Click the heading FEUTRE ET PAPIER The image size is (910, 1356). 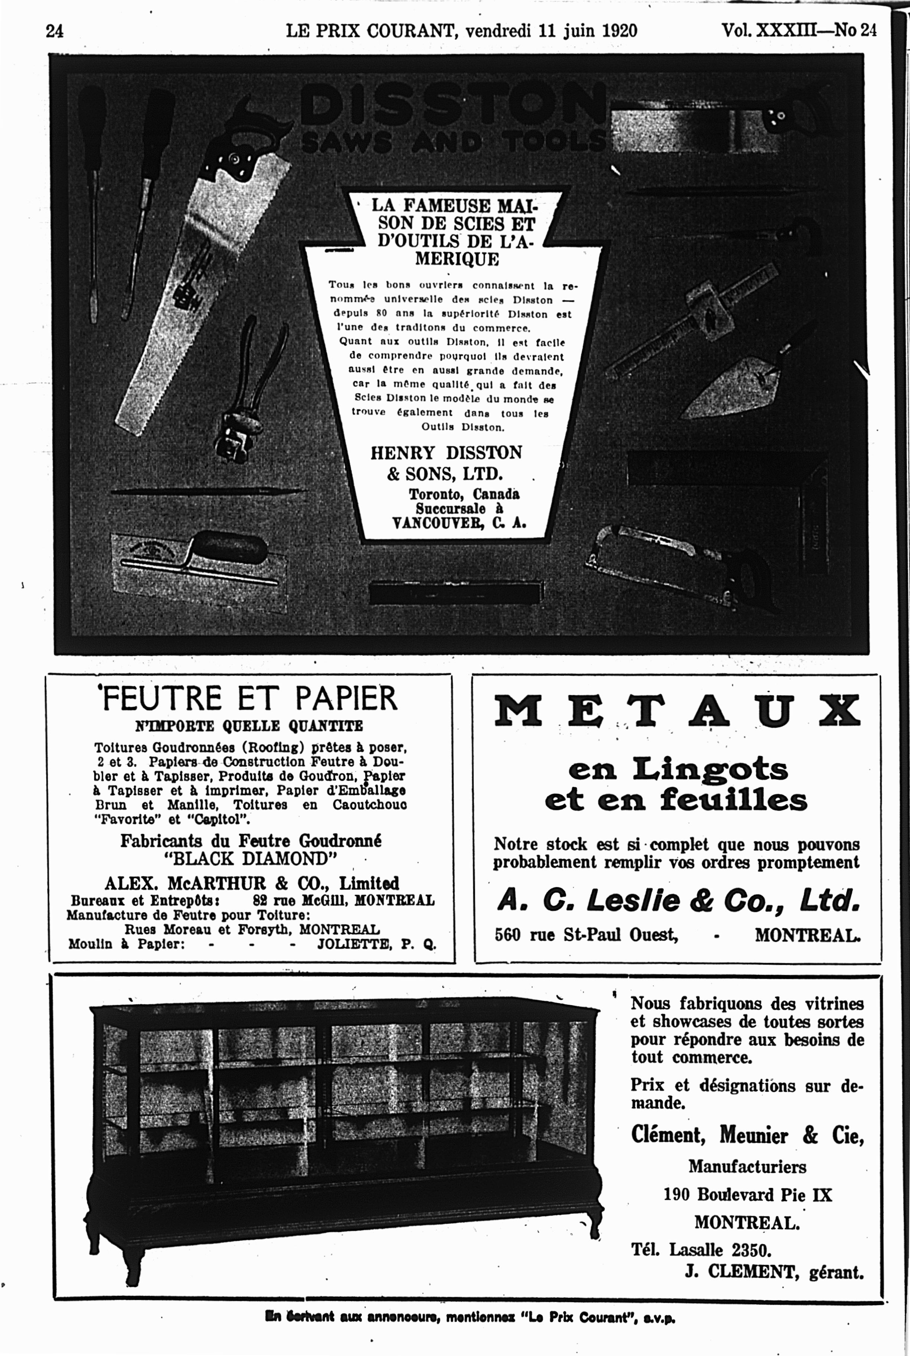(x=249, y=698)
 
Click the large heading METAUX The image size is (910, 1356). (x=677, y=711)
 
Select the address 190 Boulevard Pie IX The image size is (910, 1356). (x=747, y=1195)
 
